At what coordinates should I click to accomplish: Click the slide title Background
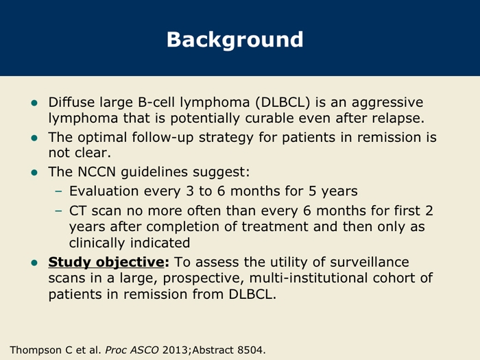235,39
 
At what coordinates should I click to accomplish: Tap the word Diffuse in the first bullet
70,102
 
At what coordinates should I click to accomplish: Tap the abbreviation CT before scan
80,211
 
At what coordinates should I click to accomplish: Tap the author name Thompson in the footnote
37,349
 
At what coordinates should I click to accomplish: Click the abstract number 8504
250,349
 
